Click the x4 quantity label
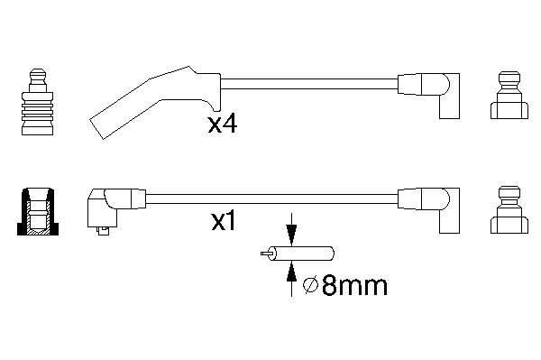pyautogui.click(x=222, y=124)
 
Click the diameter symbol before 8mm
pyautogui.click(x=309, y=287)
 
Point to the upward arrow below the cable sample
pyautogui.click(x=291, y=280)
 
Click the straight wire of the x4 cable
pyautogui.click(x=307, y=83)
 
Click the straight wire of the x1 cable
pyautogui.click(x=270, y=198)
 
